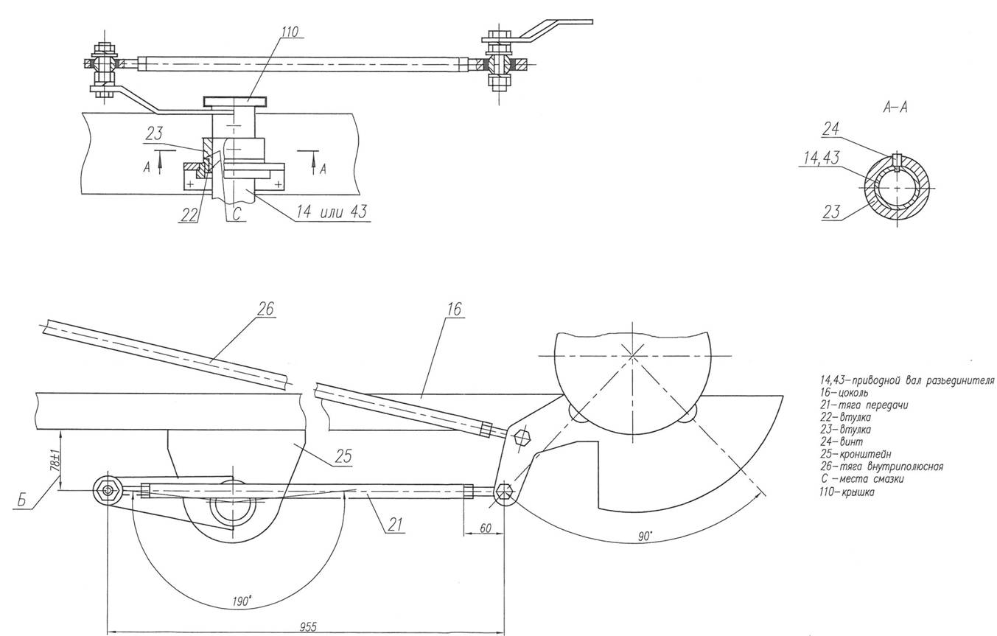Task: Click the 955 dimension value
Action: [308, 627]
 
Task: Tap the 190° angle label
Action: [242, 601]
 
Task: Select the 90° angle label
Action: [645, 537]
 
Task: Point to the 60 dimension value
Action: [486, 528]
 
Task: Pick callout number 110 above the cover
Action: [290, 32]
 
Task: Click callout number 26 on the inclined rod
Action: [265, 309]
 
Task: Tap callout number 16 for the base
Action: [454, 309]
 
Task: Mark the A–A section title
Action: [895, 108]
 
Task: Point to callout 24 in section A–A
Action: [830, 129]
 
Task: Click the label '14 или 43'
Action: [333, 212]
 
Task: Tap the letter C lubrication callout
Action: [237, 214]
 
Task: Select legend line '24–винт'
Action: [842, 442]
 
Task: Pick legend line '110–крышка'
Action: [847, 492]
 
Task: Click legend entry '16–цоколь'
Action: [844, 393]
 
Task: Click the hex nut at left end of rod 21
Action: [108, 491]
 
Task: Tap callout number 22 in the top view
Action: [189, 214]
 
